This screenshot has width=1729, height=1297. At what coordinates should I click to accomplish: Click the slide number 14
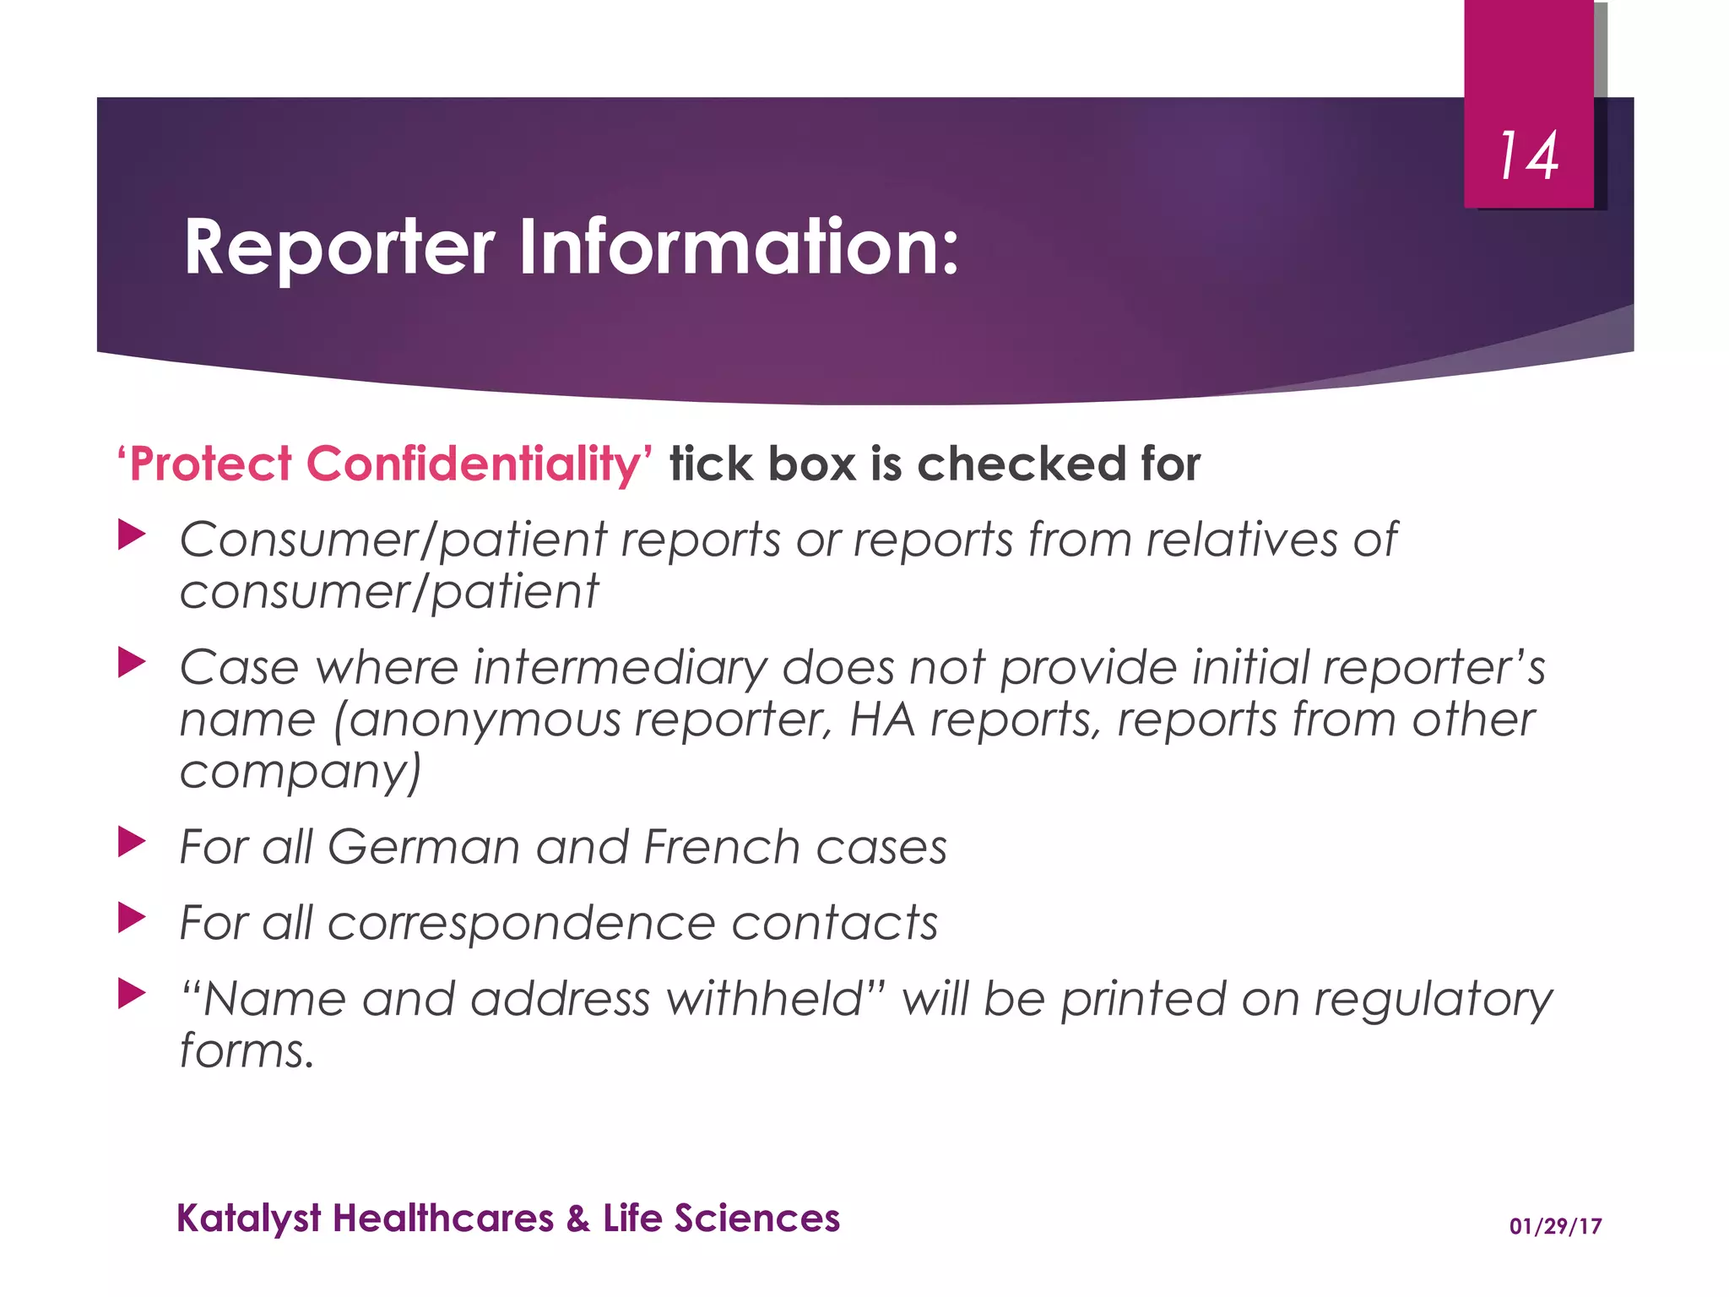click(1528, 156)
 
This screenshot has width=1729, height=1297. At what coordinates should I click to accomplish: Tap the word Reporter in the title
click(339, 248)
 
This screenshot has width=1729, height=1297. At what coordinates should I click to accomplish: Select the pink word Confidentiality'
click(479, 464)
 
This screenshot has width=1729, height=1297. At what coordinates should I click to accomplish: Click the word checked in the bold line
click(1022, 464)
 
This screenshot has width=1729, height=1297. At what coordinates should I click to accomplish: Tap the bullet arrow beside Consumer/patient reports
click(132, 535)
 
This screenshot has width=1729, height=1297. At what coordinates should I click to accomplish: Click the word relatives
click(1241, 540)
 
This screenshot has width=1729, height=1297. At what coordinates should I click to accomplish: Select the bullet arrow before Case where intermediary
click(132, 663)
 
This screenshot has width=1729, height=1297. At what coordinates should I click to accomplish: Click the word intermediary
click(621, 668)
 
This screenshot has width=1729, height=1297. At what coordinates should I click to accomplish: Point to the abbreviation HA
click(882, 720)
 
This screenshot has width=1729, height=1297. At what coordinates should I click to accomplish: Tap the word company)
click(301, 772)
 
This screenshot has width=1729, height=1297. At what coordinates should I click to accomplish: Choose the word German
click(424, 847)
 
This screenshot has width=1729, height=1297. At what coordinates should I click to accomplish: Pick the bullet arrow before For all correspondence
click(132, 918)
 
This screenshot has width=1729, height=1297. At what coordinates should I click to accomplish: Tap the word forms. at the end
click(247, 1051)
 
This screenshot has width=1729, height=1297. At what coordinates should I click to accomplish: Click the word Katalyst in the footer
click(249, 1219)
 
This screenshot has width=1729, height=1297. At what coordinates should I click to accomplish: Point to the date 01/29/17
click(1555, 1226)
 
